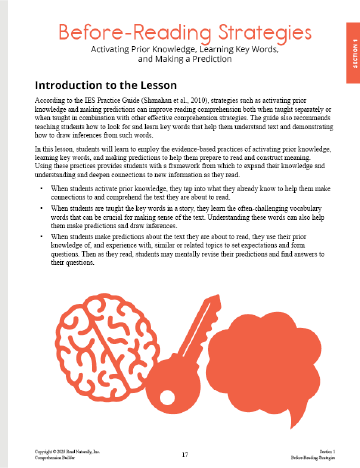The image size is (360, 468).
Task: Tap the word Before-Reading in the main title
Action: coord(129,33)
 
